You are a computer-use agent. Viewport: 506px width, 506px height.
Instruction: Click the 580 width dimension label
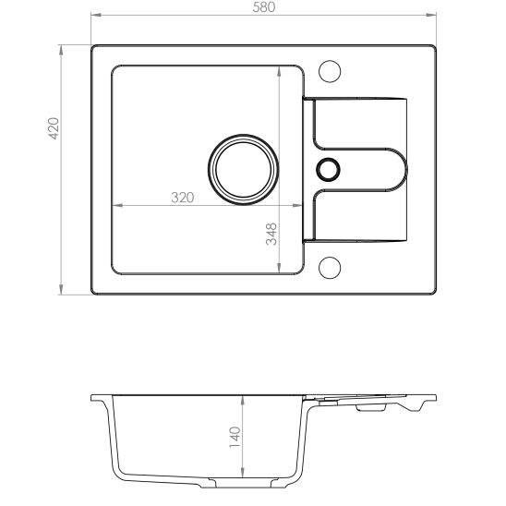pos(264,7)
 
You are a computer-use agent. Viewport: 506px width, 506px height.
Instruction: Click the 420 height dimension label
pos(54,128)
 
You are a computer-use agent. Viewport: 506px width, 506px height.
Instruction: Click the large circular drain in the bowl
pos(242,170)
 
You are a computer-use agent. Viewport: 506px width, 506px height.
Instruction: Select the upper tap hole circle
pos(330,71)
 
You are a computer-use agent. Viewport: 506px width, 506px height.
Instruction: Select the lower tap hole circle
pos(330,268)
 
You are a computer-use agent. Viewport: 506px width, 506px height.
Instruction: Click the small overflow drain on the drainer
pos(328,169)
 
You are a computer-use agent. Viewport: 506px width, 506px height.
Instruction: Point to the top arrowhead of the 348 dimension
pos(280,68)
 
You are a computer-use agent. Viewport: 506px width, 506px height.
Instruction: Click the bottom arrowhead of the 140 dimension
pos(242,480)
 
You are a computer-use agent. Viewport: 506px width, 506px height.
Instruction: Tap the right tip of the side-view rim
pos(435,398)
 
